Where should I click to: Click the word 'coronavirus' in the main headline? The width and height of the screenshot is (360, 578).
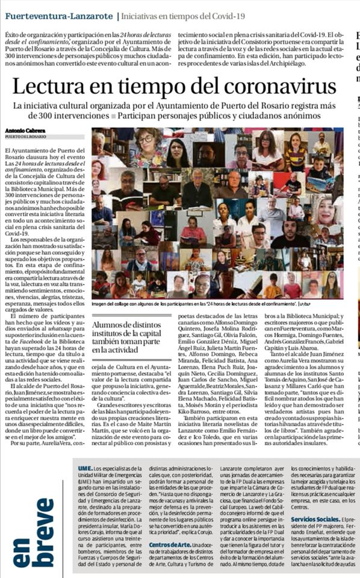pyautogui.click(x=275, y=86)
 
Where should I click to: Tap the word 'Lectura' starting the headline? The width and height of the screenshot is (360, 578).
pyautogui.click(x=51, y=86)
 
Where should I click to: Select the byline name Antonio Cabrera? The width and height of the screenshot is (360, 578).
pyautogui.click(x=23, y=130)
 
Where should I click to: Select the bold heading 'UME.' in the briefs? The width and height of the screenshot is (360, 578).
pyautogui.click(x=86, y=468)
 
